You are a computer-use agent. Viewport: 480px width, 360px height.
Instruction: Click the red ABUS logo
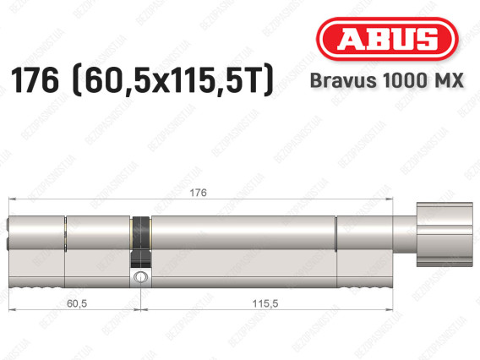(x=387, y=39)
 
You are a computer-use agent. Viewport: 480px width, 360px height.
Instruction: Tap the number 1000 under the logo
(x=403, y=80)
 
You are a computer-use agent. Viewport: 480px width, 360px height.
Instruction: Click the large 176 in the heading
(x=35, y=80)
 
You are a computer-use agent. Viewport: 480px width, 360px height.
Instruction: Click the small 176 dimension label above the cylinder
(x=198, y=193)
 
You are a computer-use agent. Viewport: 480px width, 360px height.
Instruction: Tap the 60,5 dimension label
(x=77, y=303)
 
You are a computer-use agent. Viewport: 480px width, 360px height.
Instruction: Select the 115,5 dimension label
(x=265, y=303)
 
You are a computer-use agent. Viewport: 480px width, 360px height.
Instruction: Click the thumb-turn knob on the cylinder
(x=445, y=234)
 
